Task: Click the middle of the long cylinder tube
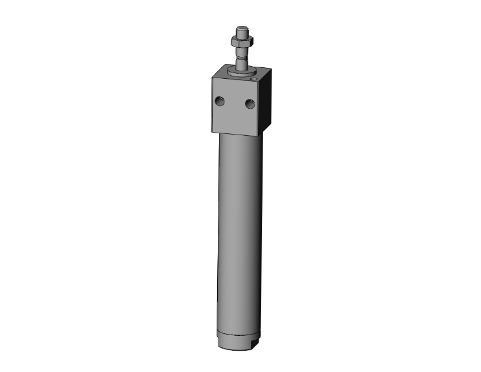(x=240, y=233)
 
